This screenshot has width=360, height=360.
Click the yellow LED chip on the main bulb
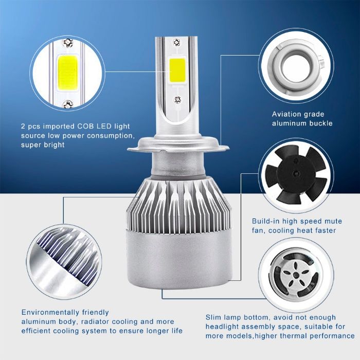point(177,70)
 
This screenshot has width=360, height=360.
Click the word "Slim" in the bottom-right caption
point(215,317)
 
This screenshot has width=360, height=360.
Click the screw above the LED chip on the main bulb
point(177,41)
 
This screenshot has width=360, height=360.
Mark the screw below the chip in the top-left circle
point(67,105)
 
